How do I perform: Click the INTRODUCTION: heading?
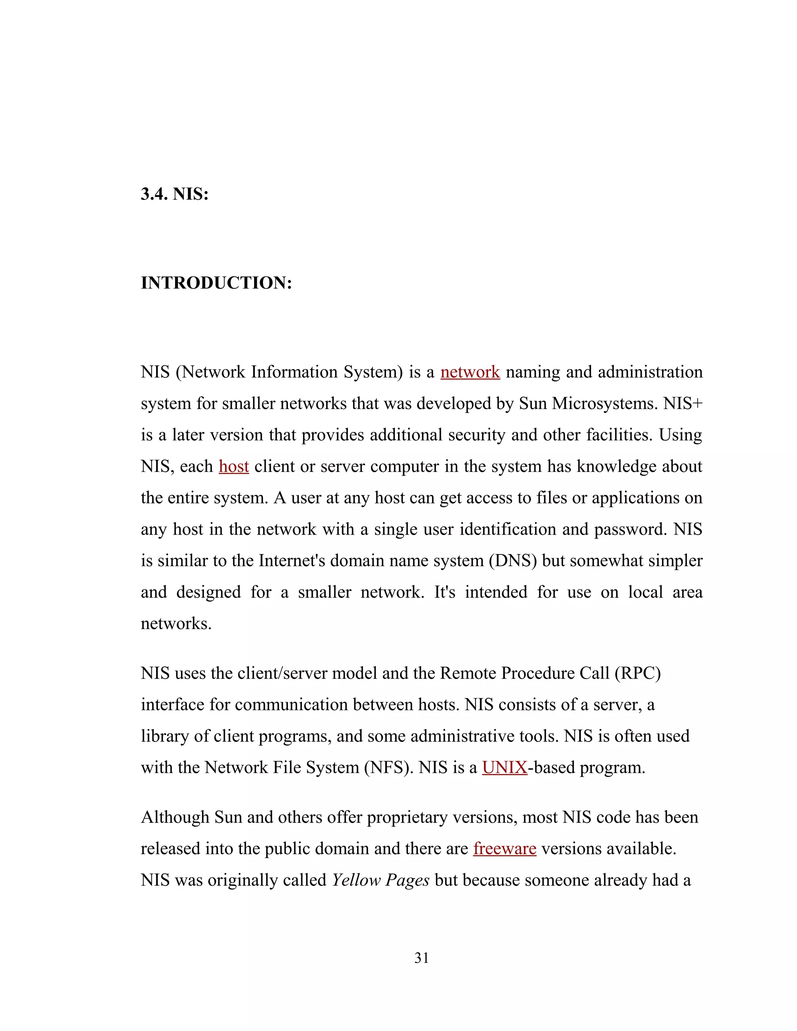tap(216, 283)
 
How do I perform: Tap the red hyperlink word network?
tap(470, 372)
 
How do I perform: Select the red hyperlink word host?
tap(234, 466)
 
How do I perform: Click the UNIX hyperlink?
tap(504, 768)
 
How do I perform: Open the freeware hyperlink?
tap(504, 849)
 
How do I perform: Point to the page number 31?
tap(421, 958)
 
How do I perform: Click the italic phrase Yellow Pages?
tap(380, 880)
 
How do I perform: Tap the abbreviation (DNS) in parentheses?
tap(513, 561)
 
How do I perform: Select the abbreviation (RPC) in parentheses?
tap(637, 673)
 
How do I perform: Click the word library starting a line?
tap(164, 736)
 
